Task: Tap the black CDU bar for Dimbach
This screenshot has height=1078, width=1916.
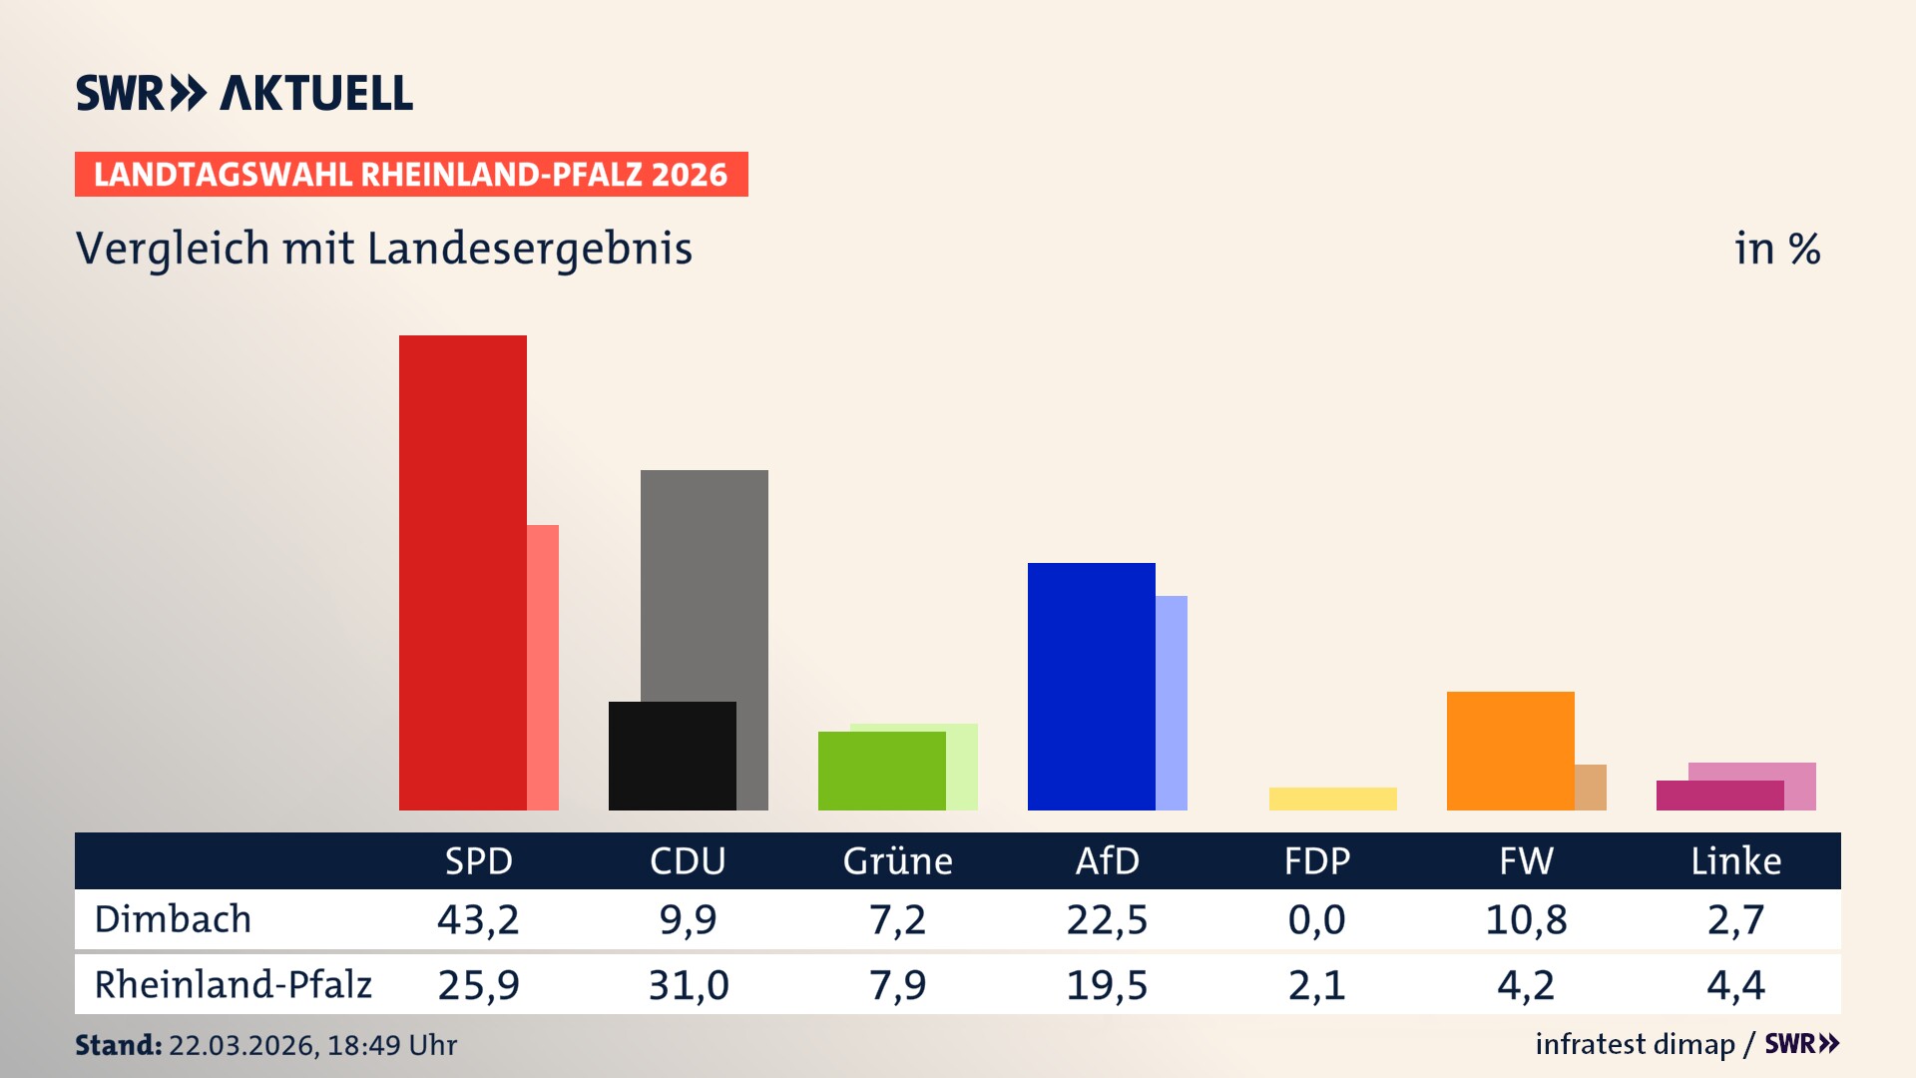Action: tap(672, 756)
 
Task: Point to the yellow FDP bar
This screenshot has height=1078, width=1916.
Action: tap(1332, 799)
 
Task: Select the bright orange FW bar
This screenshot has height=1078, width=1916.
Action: tap(1510, 750)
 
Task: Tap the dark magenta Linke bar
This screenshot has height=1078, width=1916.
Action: tap(1719, 796)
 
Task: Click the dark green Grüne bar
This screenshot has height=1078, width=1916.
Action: tap(881, 771)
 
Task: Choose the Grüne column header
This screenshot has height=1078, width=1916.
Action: tap(897, 860)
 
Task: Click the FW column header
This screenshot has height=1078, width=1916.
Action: tap(1526, 860)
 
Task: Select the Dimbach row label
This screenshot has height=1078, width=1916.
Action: tap(173, 919)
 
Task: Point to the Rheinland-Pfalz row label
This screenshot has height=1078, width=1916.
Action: tap(233, 985)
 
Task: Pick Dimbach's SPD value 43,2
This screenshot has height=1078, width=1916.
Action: tap(478, 919)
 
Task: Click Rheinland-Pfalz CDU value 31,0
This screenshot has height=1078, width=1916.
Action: tap(688, 985)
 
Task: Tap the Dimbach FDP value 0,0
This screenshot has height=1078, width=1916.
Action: tap(1316, 919)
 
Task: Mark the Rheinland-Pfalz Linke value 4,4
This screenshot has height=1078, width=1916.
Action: tap(1735, 985)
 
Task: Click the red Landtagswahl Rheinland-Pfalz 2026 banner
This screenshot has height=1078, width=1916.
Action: tap(411, 175)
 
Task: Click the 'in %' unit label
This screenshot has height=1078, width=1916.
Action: tap(1776, 249)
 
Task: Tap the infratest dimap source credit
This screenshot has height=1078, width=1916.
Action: tap(1635, 1044)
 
